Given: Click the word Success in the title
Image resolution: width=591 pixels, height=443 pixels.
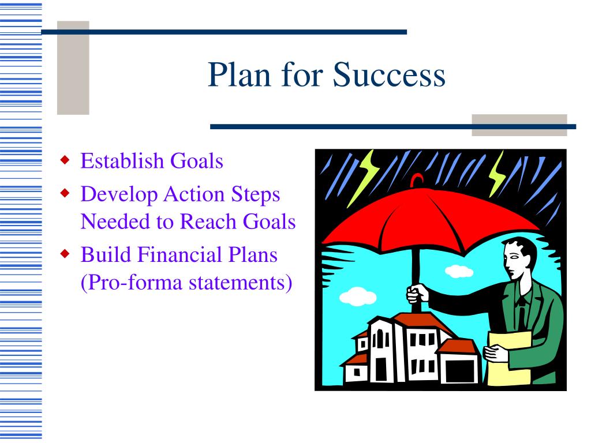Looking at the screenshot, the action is point(389,74).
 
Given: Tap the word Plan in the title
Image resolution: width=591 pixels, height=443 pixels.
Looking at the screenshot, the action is point(240,74).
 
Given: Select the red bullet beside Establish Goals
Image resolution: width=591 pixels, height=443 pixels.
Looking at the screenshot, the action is point(65,160).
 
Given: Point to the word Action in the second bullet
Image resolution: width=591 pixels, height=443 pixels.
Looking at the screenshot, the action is point(194,194).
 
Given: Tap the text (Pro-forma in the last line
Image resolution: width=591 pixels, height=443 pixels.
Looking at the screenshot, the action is point(132,283).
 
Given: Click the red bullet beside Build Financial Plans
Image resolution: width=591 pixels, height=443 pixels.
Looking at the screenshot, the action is point(65,254).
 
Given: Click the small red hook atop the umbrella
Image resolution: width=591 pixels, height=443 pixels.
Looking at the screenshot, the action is point(417,181).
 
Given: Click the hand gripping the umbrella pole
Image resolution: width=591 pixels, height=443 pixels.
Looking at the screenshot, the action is point(417,293).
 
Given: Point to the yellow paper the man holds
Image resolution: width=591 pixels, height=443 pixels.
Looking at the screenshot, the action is point(509,358).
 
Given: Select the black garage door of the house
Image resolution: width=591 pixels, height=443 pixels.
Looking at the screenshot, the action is point(460,371).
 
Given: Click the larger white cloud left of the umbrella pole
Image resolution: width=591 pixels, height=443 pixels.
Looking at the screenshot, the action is point(358,296).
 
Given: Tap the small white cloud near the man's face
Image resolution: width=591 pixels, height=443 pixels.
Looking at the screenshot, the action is point(459,271).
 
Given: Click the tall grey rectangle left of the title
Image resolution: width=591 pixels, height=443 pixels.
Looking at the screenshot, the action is point(73,68).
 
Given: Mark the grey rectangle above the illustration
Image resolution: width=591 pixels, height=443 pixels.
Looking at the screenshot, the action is point(519,125).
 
